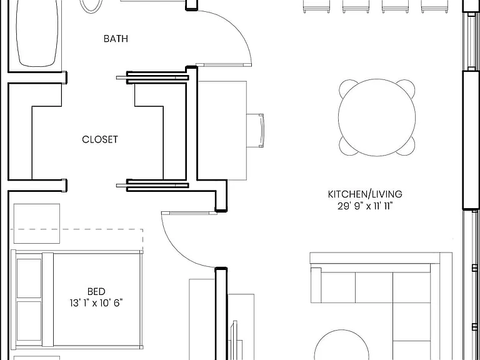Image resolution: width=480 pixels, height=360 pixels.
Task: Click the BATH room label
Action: [116, 39]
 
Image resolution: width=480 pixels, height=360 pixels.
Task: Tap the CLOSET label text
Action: [100, 139]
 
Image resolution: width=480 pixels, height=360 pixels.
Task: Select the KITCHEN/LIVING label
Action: [365, 194]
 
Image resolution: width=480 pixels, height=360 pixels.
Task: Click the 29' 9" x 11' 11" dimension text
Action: [365, 206]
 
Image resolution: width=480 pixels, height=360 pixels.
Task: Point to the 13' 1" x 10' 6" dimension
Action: [96, 303]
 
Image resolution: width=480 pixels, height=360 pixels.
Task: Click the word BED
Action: [96, 291]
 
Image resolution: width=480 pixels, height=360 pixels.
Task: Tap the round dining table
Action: [377, 117]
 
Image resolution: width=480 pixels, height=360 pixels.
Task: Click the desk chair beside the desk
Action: [255, 131]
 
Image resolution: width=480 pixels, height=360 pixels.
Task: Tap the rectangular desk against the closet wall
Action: [222, 131]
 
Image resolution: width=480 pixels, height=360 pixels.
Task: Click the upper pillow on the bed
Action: [29, 278]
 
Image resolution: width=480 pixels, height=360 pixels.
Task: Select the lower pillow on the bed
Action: [29, 321]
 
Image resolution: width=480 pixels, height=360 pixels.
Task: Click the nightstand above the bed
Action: [37, 224]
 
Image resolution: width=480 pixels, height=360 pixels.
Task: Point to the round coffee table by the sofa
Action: [342, 346]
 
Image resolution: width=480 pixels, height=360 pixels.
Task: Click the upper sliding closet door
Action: [152, 77]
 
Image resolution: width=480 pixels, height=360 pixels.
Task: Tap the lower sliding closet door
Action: [152, 185]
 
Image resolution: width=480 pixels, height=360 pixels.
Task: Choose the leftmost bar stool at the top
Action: [316, 6]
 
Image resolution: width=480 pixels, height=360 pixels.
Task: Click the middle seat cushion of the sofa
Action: [374, 287]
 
